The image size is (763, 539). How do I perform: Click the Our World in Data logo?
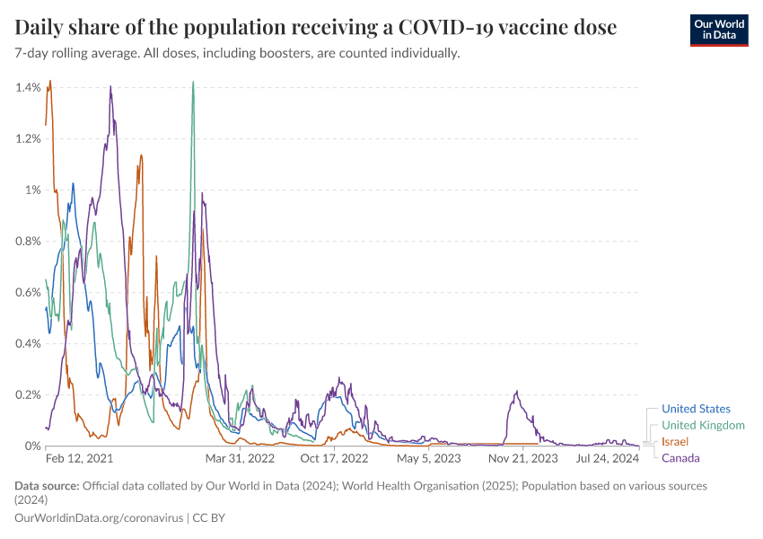(x=718, y=30)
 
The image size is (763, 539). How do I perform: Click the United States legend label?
(x=696, y=409)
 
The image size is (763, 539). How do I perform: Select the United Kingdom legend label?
(x=703, y=425)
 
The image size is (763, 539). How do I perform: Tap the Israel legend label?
(x=675, y=442)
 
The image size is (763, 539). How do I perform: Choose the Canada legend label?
(x=680, y=458)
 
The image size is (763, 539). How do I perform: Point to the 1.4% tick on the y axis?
(x=28, y=87)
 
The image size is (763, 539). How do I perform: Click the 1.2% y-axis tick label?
(x=28, y=138)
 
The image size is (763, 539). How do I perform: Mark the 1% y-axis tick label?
(x=32, y=190)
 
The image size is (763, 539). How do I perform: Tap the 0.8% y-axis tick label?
(x=28, y=241)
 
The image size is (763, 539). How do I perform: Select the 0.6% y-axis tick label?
(x=28, y=292)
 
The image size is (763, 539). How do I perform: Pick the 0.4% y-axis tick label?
(x=28, y=343)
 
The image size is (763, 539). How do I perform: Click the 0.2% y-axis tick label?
(x=28, y=394)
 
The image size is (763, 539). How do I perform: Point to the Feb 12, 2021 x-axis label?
(x=79, y=458)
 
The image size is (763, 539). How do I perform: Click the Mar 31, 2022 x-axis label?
(x=239, y=458)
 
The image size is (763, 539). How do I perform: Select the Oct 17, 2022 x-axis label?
(x=334, y=458)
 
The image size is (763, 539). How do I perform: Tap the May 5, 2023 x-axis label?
(x=428, y=458)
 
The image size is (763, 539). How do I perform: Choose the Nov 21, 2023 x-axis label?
(x=522, y=458)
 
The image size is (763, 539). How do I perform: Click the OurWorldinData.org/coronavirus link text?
(x=99, y=518)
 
